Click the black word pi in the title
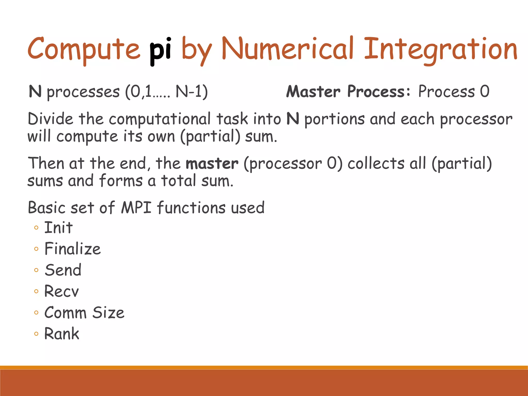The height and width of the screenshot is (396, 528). coord(160,50)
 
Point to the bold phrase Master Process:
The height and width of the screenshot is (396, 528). coord(348,92)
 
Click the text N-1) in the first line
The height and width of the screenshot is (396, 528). coord(192,92)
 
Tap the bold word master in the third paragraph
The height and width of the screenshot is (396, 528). coord(212,164)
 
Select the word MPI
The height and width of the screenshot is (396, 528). coord(136,208)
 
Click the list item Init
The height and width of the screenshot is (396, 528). coord(59,228)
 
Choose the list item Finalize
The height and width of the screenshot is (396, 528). coord(72,249)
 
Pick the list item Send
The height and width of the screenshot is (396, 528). coord(63,270)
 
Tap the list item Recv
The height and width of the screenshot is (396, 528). coord(61,291)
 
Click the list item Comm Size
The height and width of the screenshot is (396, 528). coord(84,313)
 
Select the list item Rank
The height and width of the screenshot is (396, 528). coord(62,334)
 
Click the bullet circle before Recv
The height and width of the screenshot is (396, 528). coord(36,292)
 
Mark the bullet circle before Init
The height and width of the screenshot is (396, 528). coord(36,228)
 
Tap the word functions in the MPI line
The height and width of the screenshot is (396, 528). coord(191,208)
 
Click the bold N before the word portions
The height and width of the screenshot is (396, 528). coord(293,119)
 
